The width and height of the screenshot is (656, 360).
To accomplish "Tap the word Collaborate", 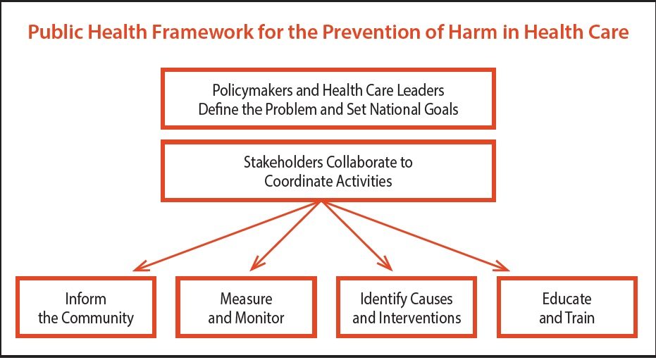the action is tap(361, 162).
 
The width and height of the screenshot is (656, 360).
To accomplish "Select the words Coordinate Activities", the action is tap(328, 181).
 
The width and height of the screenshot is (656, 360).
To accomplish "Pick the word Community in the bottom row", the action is tap(97, 318).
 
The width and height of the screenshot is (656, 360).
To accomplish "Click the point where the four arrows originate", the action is tap(322, 201).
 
